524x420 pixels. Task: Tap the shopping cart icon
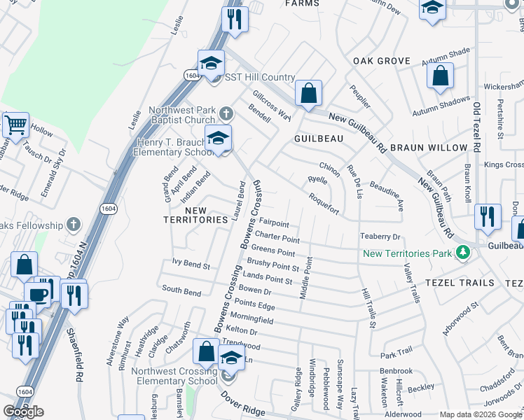click(x=15, y=125)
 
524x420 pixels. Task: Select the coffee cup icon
click(x=38, y=295)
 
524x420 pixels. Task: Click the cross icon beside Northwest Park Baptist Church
click(x=226, y=113)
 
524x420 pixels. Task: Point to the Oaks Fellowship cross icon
click(x=74, y=224)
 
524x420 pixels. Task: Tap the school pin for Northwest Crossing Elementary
click(x=230, y=360)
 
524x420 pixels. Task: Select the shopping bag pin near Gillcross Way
click(x=308, y=93)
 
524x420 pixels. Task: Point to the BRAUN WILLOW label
click(x=428, y=148)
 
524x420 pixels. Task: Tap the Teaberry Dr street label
click(x=380, y=237)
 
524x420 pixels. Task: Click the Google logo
click(x=23, y=412)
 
